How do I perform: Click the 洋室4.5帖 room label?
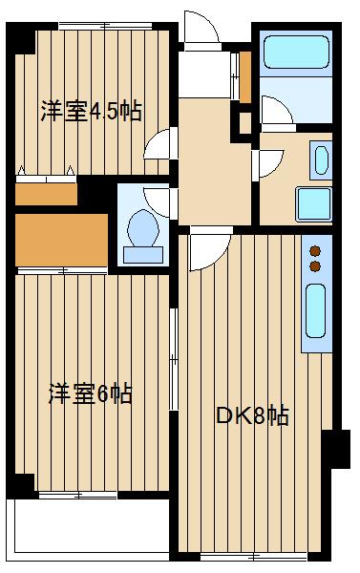(x=91, y=111)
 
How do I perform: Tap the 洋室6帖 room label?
(x=91, y=393)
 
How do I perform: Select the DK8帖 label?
(x=252, y=415)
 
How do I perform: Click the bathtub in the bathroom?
(x=296, y=52)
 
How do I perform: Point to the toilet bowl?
(x=143, y=228)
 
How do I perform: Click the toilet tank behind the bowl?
(x=143, y=255)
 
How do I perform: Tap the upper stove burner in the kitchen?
(x=315, y=251)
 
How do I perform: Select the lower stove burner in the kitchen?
(x=315, y=266)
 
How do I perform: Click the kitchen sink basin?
(x=315, y=311)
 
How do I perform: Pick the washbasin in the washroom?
(x=321, y=160)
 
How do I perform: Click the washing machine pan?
(x=314, y=204)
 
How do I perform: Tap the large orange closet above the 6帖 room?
(x=61, y=240)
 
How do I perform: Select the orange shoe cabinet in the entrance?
(x=245, y=76)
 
